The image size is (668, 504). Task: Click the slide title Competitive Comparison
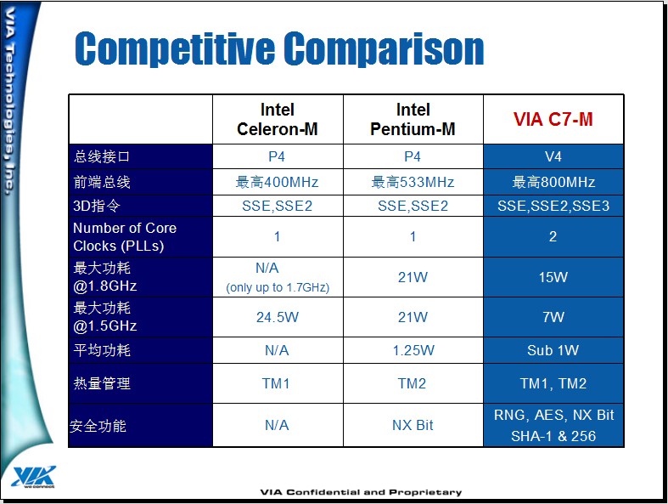(279, 48)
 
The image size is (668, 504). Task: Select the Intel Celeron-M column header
(278, 119)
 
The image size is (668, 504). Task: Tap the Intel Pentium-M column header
(413, 119)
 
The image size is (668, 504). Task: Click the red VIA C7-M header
(553, 119)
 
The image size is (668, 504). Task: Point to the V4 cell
(553, 156)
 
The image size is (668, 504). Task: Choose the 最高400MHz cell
(277, 182)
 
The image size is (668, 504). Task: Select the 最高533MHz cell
(413, 182)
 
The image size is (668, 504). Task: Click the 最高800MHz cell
(553, 182)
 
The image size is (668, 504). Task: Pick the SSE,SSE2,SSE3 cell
(553, 207)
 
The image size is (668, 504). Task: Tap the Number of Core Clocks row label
(125, 237)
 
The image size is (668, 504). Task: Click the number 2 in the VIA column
(553, 236)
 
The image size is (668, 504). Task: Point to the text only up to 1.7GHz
(278, 287)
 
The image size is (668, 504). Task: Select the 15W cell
(553, 277)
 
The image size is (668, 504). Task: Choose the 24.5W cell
(278, 317)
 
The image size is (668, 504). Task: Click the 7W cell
(553, 317)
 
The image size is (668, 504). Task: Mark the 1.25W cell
(413, 350)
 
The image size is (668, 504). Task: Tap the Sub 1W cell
(553, 350)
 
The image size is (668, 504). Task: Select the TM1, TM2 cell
(553, 383)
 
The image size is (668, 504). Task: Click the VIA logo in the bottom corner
(34, 476)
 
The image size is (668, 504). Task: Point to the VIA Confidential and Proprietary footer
(361, 492)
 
